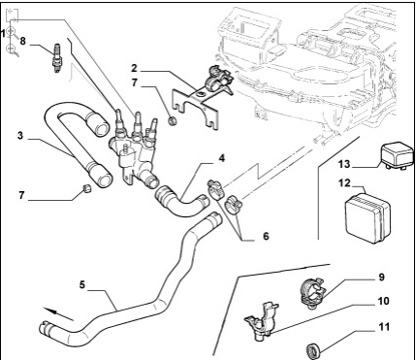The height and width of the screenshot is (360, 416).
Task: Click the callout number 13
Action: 344,164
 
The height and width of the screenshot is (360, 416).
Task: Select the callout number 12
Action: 345,183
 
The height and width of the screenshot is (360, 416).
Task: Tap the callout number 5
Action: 82,285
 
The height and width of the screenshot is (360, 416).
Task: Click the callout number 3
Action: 20,136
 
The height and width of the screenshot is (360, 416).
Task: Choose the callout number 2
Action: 134,68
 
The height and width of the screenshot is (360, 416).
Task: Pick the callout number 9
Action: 382,278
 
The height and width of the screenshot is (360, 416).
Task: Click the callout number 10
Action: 383,301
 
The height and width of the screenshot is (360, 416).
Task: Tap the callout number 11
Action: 384,327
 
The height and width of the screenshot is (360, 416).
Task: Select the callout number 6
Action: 266,236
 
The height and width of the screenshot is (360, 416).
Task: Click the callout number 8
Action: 22,41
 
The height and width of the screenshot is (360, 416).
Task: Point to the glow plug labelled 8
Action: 57,58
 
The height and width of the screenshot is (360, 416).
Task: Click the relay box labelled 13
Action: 398,156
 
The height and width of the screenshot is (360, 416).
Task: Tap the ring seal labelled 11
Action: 313,351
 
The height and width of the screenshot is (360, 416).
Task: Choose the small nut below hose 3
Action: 86,188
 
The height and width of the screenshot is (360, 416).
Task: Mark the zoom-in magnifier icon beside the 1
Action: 11,31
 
